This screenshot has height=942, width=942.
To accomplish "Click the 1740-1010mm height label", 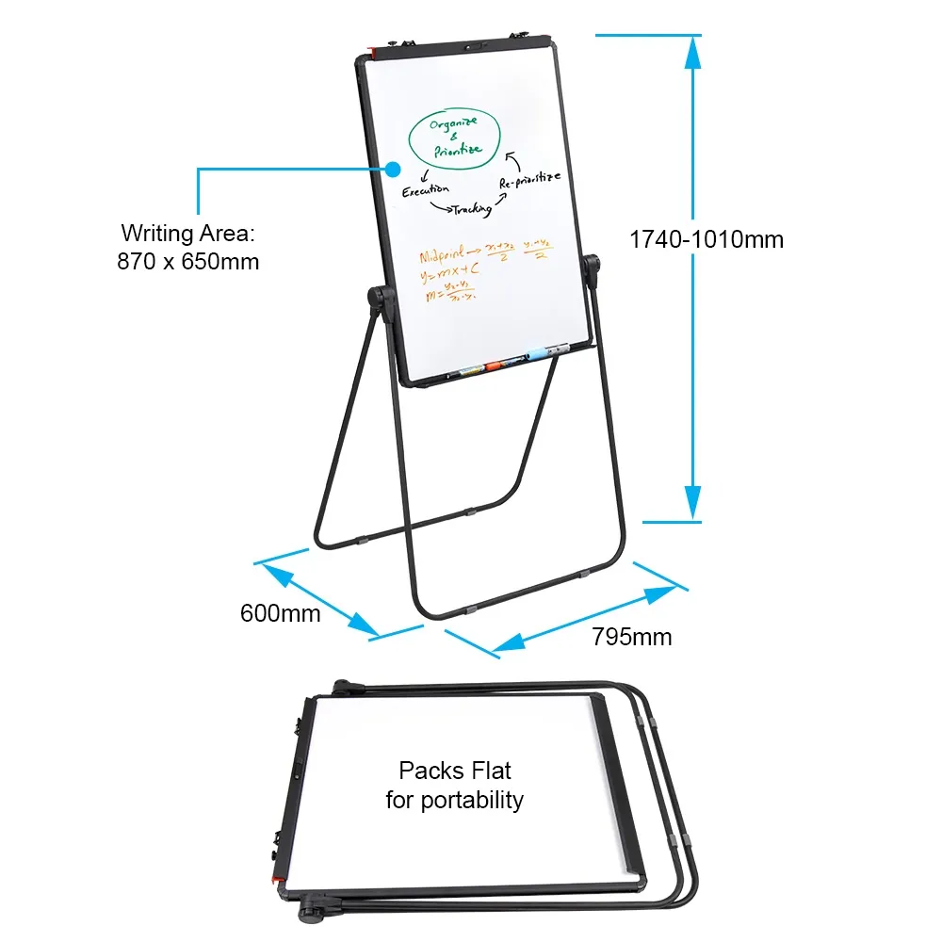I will (x=706, y=239).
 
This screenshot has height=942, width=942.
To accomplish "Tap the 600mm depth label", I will (x=281, y=613).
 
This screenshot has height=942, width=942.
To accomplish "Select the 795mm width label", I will (x=632, y=637).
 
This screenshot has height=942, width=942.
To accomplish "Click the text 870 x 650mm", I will (x=188, y=261).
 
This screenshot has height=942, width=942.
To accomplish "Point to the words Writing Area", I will (x=188, y=233).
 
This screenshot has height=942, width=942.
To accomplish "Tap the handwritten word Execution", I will (x=425, y=190).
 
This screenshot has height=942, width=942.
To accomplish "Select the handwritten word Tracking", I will (x=471, y=209).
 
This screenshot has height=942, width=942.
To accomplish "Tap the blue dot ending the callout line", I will (x=393, y=170).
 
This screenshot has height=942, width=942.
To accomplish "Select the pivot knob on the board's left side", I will (x=381, y=300).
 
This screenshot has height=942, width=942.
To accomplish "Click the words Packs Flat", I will (x=455, y=771).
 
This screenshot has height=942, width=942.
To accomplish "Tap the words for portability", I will (x=455, y=801).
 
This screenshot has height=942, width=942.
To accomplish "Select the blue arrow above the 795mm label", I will (x=584, y=619).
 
